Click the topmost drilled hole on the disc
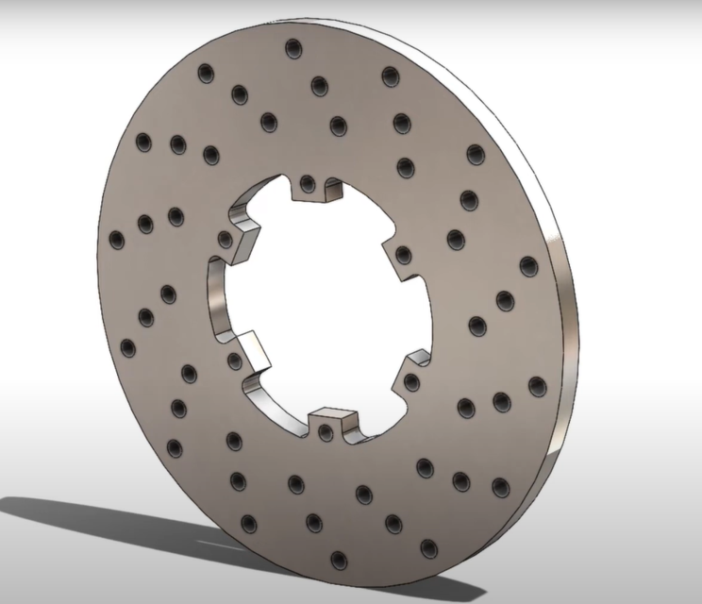[x=292, y=48]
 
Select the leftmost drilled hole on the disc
[x=117, y=240]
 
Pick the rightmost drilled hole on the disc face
[x=537, y=385]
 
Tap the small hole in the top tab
[x=308, y=182]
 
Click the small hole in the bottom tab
[x=326, y=433]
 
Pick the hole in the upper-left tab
[x=226, y=240]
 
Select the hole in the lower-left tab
[x=234, y=360]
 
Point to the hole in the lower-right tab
[x=412, y=381]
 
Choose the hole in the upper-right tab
[x=404, y=255]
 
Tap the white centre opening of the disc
[x=321, y=302]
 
